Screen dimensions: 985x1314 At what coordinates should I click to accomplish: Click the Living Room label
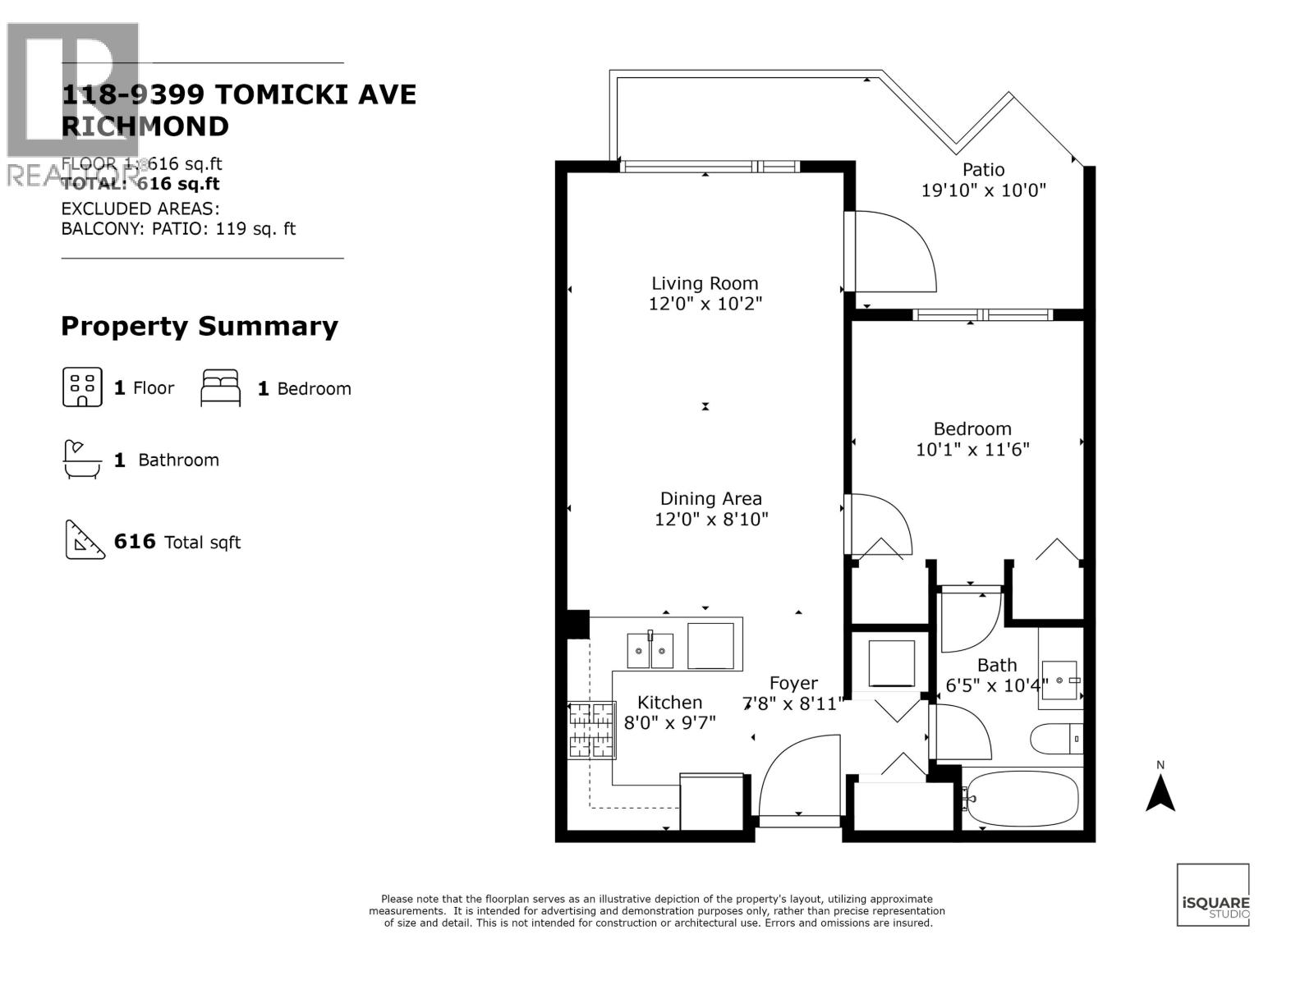pos(705,283)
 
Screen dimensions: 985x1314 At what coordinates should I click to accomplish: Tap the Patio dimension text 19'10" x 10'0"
pos(983,190)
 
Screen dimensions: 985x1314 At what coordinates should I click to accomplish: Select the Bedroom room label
pos(972,428)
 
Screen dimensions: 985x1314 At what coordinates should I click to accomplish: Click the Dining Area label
pos(711,498)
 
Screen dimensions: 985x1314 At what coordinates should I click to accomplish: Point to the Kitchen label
pos(669,702)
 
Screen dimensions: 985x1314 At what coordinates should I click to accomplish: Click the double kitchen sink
pos(650,650)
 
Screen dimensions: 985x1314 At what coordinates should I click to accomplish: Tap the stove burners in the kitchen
pos(592,729)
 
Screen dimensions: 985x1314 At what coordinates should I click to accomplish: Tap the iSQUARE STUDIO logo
pos(1213,895)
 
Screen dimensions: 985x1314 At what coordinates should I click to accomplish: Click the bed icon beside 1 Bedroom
pos(221,387)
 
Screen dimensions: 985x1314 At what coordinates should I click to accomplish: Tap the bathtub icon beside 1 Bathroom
pos(82,459)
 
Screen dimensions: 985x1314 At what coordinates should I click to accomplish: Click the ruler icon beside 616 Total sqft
pos(85,540)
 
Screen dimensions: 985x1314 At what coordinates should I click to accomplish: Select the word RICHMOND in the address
pos(145,126)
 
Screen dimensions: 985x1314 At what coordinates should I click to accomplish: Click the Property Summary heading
pos(200,326)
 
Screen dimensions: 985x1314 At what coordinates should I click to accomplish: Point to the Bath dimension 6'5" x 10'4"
pos(997,685)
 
